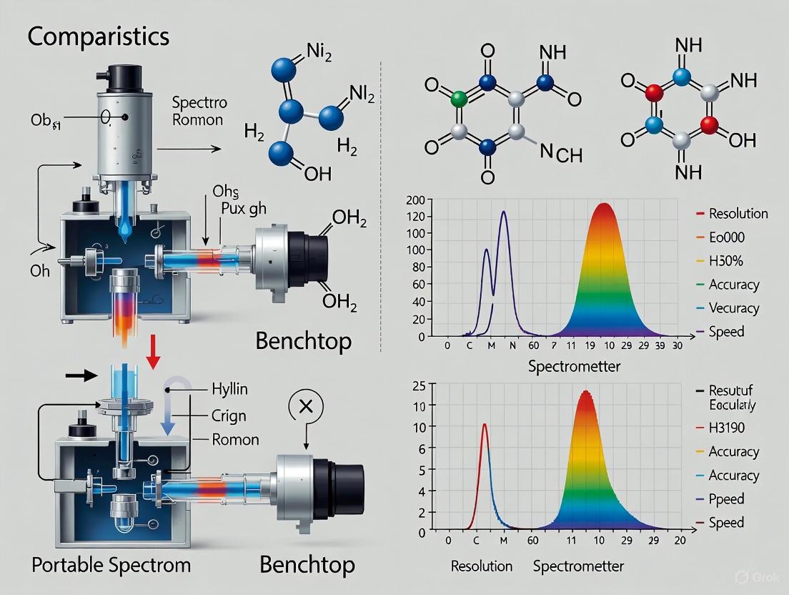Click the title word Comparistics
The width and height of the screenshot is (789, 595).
(99, 36)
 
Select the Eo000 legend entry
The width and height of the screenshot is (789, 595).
(728, 237)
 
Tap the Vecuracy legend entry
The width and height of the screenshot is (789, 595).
(734, 308)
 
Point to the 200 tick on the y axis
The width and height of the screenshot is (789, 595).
(415, 200)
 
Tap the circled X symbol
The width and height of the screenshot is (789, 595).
(306, 407)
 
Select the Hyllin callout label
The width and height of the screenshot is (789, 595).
(229, 390)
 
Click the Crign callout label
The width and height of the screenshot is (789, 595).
(229, 415)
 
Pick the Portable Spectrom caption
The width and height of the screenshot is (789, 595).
(111, 565)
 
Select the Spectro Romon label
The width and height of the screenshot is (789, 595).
(198, 111)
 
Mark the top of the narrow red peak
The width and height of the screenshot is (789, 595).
(485, 424)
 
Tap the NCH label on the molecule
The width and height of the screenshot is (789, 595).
(560, 152)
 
